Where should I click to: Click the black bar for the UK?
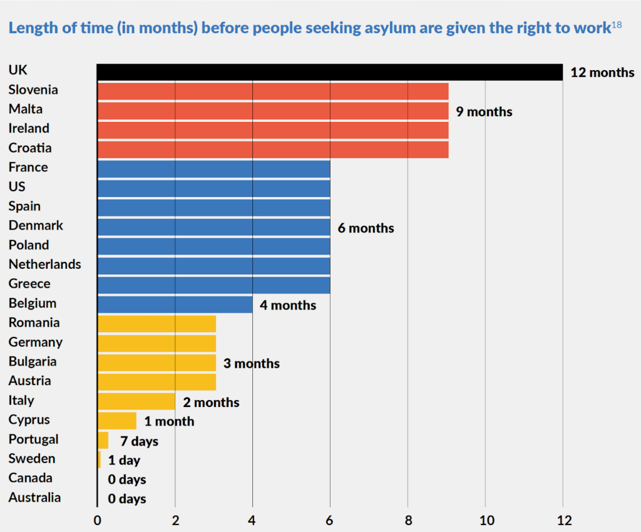pos(330,73)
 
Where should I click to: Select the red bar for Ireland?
pos(273,130)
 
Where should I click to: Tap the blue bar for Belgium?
pos(175,304)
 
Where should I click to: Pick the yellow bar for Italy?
pos(136,401)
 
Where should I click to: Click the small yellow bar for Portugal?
pos(103,440)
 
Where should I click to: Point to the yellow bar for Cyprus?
pos(117,421)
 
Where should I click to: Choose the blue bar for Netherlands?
pos(214,266)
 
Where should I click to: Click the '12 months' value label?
pos(603,73)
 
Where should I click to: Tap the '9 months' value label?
pos(484,111)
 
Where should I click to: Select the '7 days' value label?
pos(140,441)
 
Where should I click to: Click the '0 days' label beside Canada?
pos(127,479)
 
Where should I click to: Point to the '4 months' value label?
pos(288,305)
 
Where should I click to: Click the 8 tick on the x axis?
pos(408,520)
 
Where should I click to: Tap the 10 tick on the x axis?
pos(486,520)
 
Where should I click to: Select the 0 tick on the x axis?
pos(97,520)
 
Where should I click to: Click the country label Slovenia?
pos(33,90)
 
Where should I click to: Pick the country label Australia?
pos(35,497)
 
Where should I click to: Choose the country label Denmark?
pos(36,226)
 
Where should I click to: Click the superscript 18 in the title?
pos(617,24)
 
